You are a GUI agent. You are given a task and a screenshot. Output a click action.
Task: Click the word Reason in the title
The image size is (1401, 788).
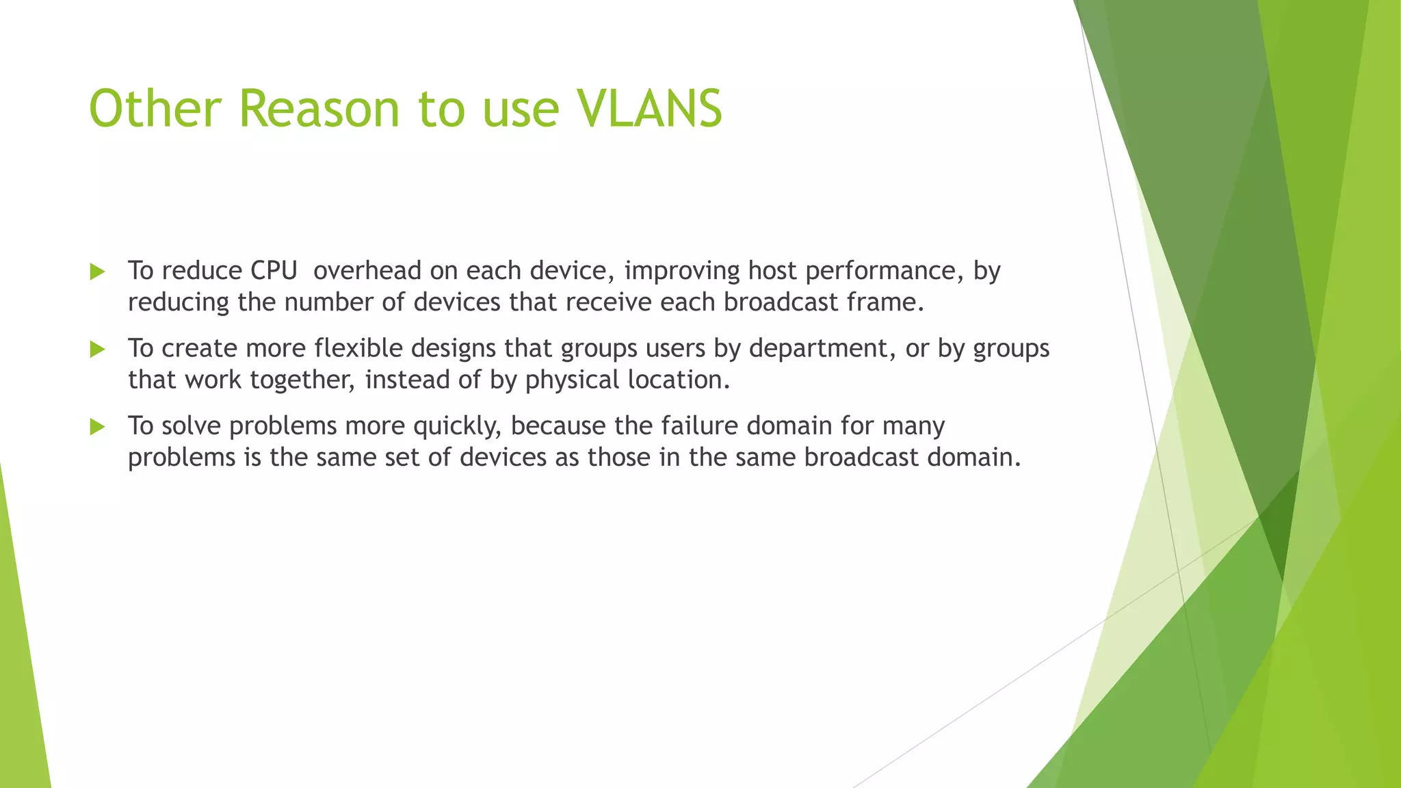pyautogui.click(x=319, y=109)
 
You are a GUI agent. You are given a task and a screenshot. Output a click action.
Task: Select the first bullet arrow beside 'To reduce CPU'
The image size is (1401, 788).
pyautogui.click(x=97, y=272)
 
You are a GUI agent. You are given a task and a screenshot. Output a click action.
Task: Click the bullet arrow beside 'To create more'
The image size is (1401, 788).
pyautogui.click(x=97, y=350)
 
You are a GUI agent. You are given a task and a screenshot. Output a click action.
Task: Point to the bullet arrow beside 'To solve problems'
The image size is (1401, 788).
pyautogui.click(x=97, y=428)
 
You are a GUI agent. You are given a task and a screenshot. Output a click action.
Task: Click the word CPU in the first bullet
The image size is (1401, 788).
pyautogui.click(x=274, y=271)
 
